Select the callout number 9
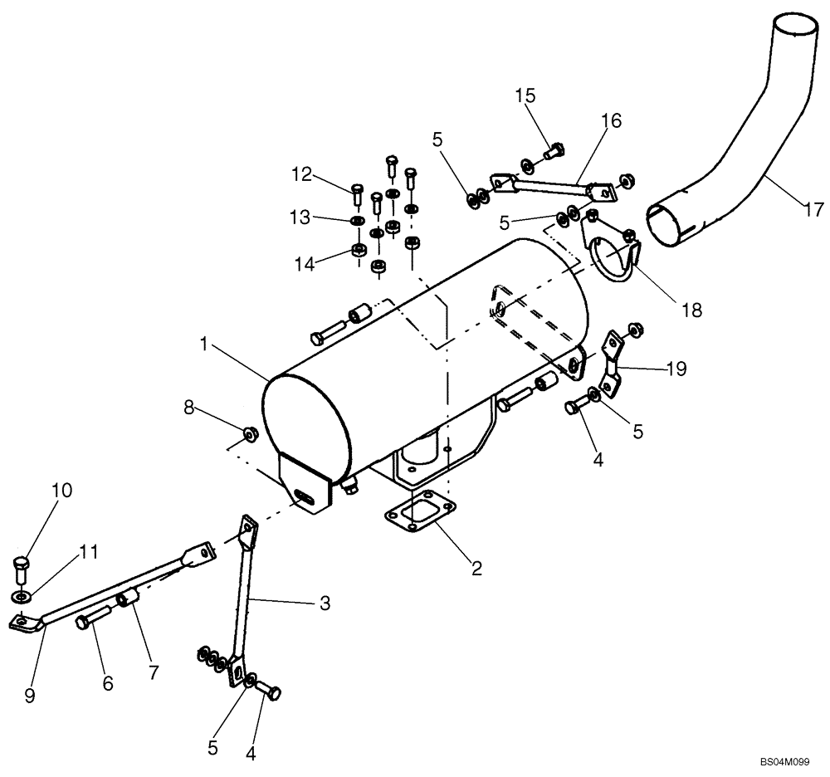point(30,696)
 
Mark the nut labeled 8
point(247,433)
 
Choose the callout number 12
point(302,174)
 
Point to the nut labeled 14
point(358,250)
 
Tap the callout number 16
point(611,121)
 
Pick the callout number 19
point(676,369)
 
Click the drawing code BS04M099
point(783,760)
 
